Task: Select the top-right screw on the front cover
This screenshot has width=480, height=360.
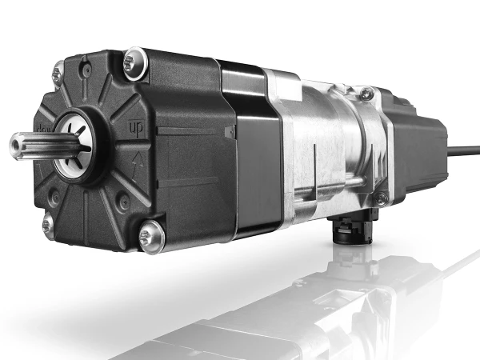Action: [x=134, y=58]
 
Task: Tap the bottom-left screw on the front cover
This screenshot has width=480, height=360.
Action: [x=49, y=225]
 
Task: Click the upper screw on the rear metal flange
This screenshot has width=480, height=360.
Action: [x=366, y=95]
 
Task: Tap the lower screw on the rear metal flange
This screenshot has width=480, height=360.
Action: [x=382, y=196]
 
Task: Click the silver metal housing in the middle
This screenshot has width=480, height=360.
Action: [x=320, y=144]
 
